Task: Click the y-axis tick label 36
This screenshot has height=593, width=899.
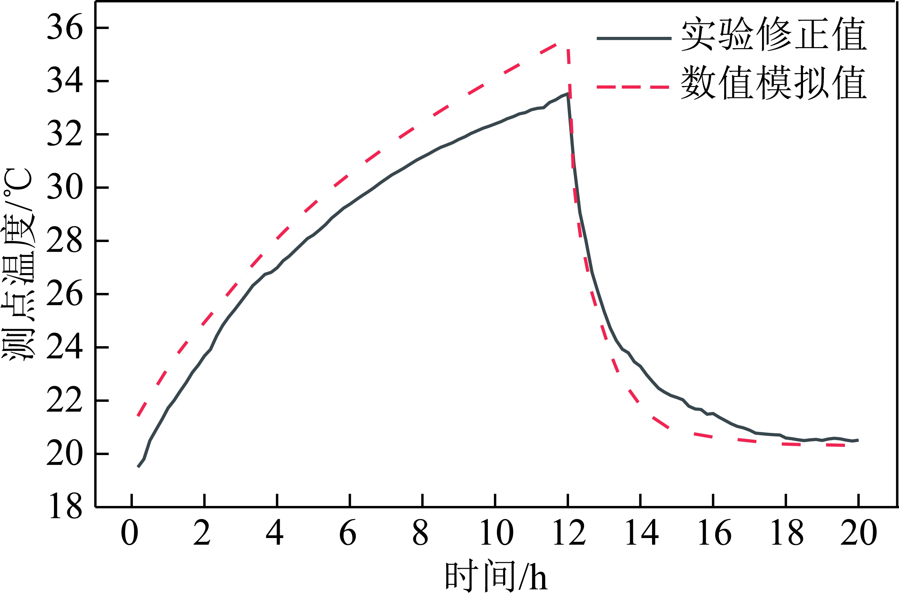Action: [x=64, y=28]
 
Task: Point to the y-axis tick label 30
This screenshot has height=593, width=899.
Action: [x=64, y=187]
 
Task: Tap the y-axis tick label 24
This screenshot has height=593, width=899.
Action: [x=64, y=347]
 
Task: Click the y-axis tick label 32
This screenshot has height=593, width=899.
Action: [x=64, y=134]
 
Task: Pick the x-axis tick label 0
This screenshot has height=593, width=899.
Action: [x=129, y=533]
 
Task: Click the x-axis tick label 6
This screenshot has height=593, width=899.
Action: [x=348, y=533]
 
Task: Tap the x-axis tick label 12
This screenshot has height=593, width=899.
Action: [x=569, y=533]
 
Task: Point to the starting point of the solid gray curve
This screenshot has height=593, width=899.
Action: [x=138, y=467]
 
